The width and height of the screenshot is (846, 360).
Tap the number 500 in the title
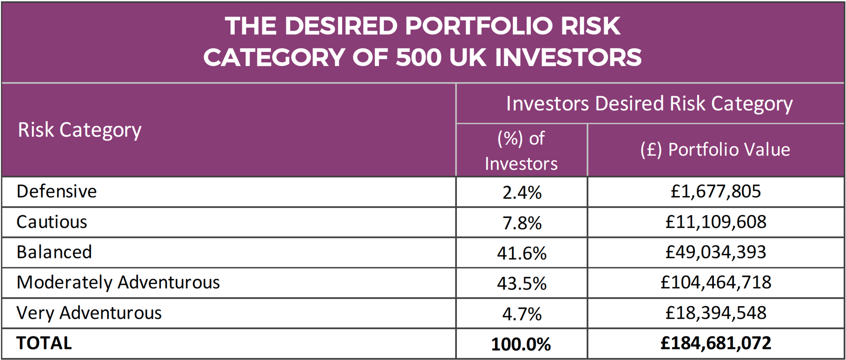pos(418,57)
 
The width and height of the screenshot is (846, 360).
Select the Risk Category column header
pos(80,130)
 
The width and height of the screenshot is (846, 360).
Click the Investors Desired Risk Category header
pos(649,104)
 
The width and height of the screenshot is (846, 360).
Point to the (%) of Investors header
pos(521,151)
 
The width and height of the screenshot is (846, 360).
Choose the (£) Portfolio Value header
pos(715,150)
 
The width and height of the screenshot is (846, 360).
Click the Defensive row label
pos(57,191)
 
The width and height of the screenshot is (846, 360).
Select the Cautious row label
pos(52,222)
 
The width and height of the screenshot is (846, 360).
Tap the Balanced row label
pos(54,252)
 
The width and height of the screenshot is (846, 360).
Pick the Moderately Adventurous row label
pos(118,282)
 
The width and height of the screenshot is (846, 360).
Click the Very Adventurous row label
pos(89,313)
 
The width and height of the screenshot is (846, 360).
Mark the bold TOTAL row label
pos(44,343)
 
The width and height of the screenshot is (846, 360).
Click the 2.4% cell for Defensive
pos(521,192)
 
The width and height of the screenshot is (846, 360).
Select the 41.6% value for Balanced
pos(521,253)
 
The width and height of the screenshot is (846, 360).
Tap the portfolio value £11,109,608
pos(715,222)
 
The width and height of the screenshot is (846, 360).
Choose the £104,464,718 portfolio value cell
pos(715,282)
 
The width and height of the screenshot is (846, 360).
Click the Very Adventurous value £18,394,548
pos(715,313)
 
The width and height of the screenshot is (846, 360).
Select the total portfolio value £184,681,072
pos(715,343)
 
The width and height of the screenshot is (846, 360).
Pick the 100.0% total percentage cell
pos(521,344)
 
